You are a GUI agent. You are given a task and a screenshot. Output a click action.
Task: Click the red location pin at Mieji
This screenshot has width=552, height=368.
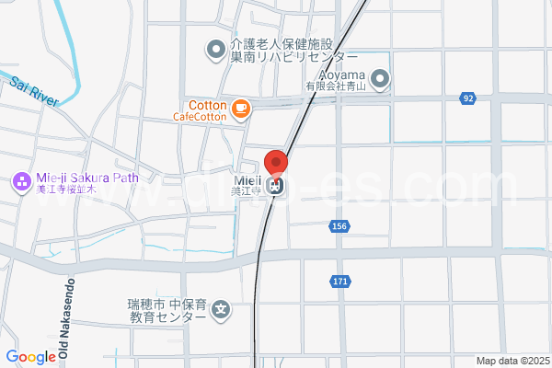coord(276,162)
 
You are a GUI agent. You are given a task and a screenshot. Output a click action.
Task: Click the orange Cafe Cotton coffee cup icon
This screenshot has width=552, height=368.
coord(240,109)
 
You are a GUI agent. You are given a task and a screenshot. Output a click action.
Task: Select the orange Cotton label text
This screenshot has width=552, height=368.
coord(208,105)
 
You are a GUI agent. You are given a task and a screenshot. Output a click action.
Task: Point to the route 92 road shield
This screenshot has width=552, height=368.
coord(469,98)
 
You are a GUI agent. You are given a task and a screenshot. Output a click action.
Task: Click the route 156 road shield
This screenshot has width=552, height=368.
coord(339,226)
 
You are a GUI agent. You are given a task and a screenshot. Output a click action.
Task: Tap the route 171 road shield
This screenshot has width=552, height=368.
coord(340,282)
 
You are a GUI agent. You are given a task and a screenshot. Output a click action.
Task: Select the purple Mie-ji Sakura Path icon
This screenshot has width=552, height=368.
coord(19,182)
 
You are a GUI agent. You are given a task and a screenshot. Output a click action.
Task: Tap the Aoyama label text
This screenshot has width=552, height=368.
coord(343,74)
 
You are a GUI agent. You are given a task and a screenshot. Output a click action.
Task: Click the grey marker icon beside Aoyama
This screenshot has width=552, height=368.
coord(381,80)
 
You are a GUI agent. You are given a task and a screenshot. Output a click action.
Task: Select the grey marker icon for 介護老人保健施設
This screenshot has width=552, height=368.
coord(215,49)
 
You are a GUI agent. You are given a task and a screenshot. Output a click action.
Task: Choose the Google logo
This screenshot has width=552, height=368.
coord(30,357)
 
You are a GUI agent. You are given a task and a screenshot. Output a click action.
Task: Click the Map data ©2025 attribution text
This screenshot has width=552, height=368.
coord(512,362)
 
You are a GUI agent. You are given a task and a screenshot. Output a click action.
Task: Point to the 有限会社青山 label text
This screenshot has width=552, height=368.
coord(336,86)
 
